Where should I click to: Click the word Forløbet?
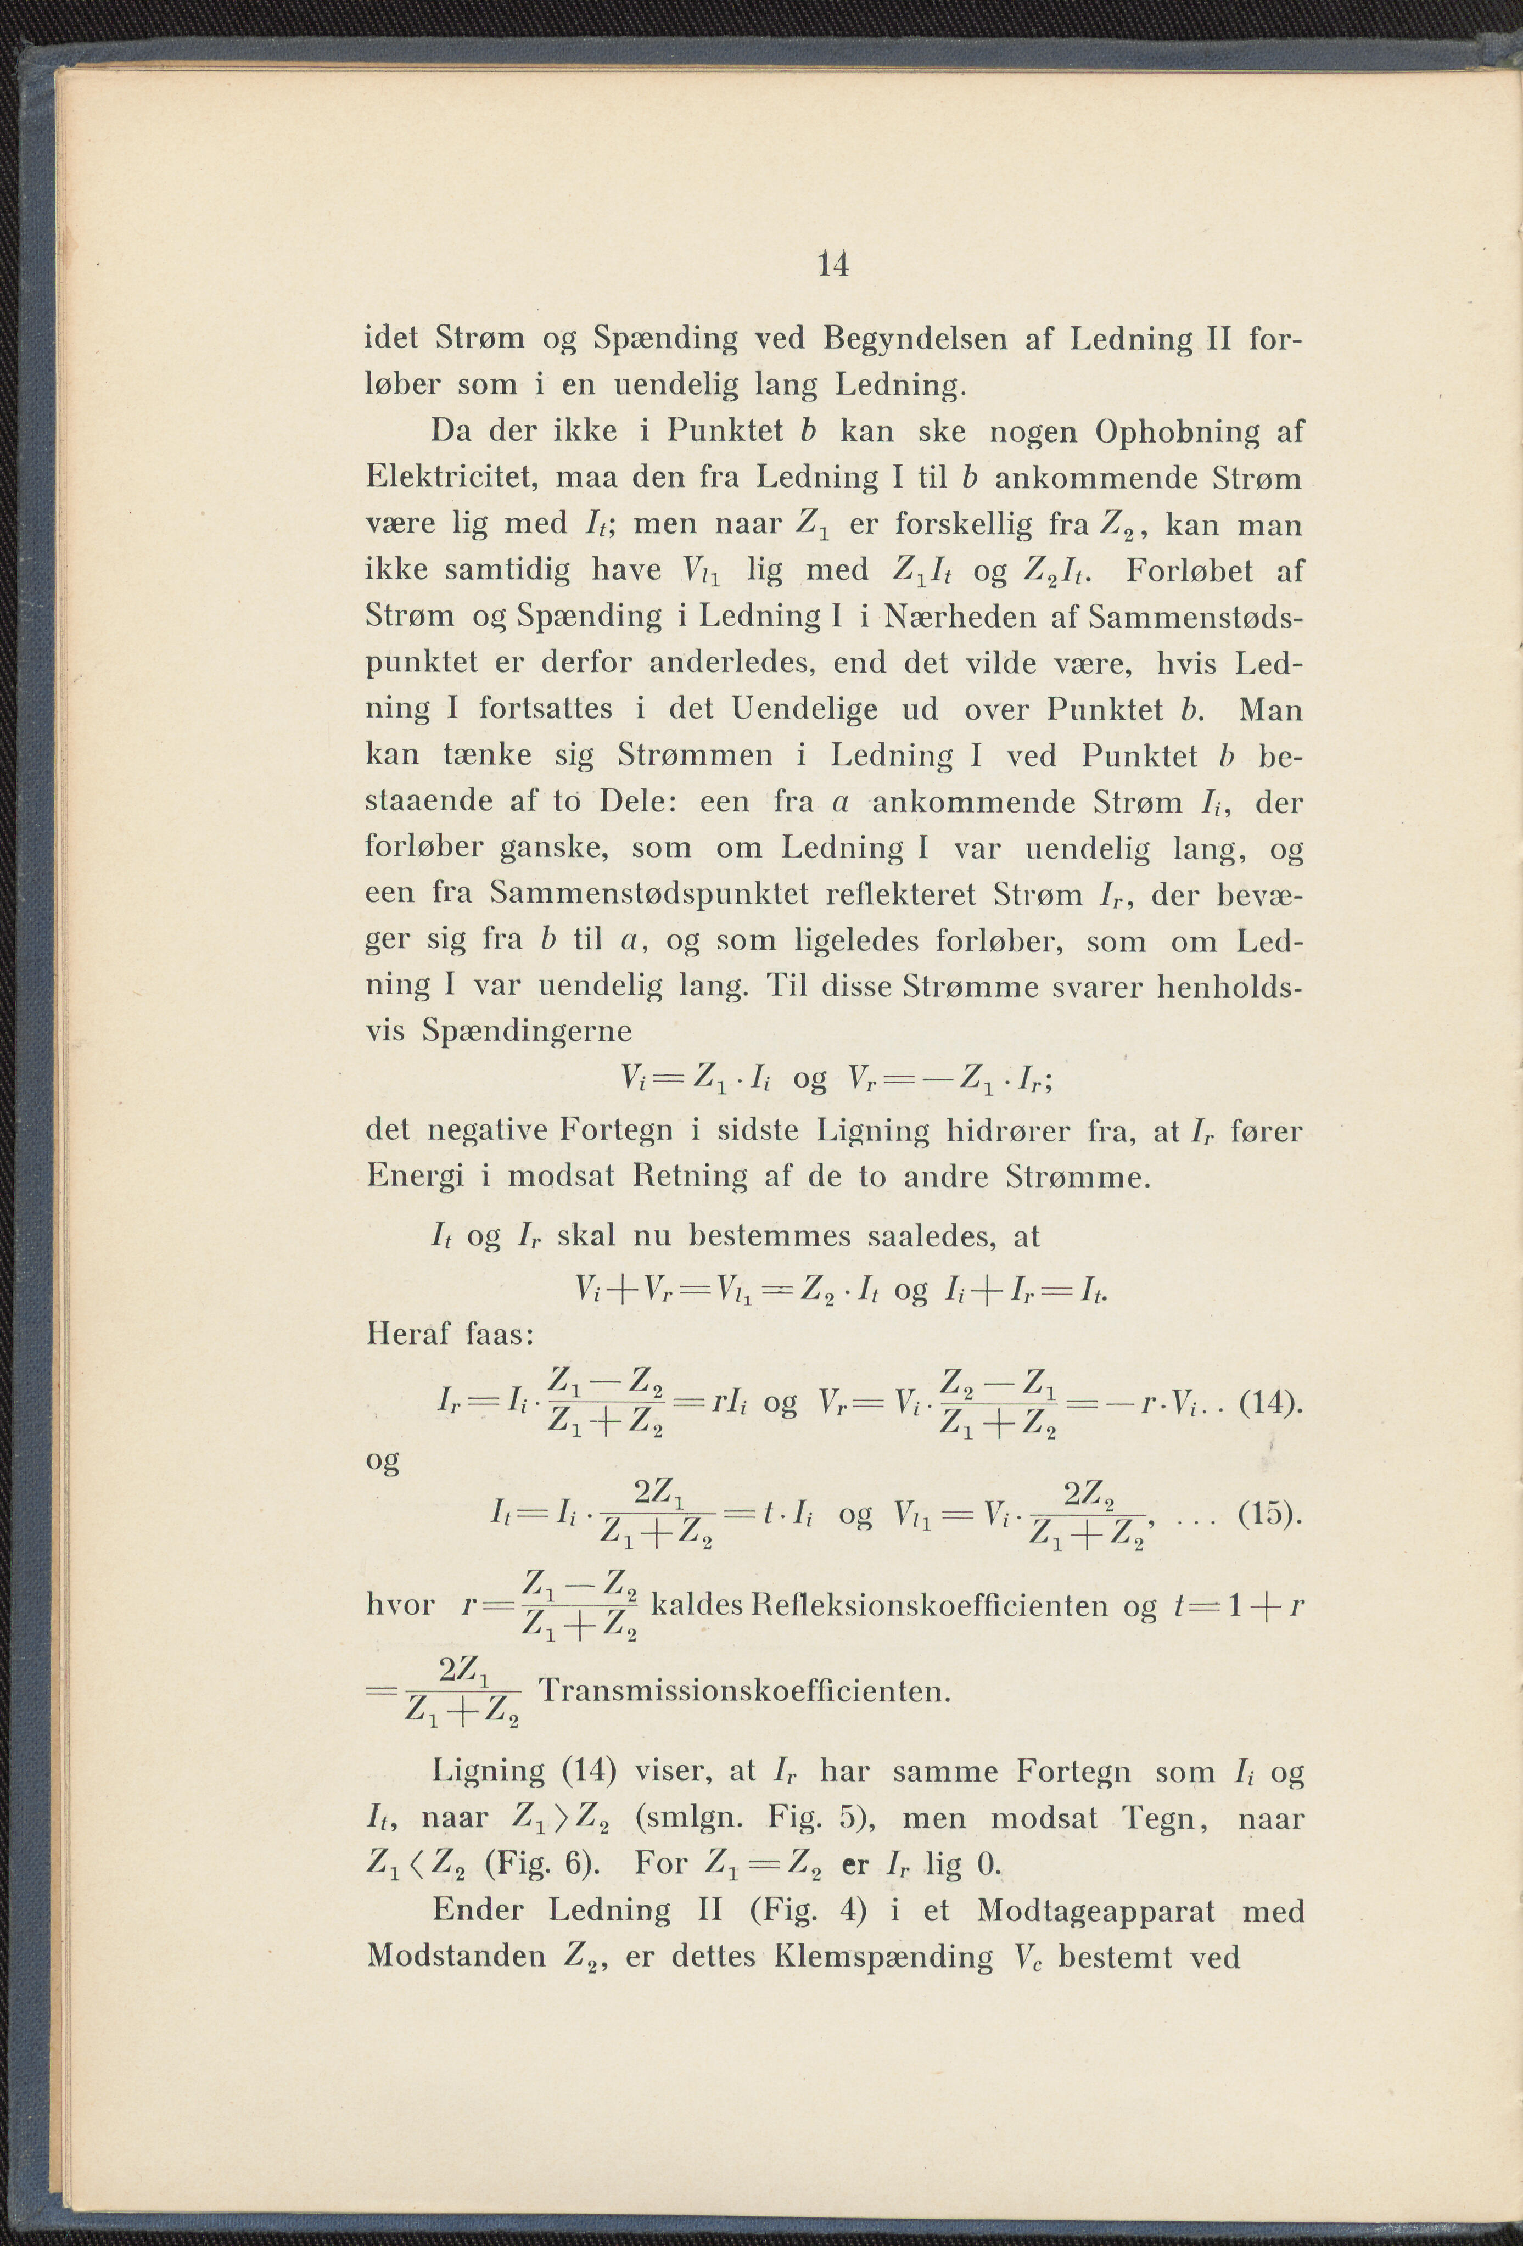(1191, 571)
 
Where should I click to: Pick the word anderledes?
(719, 663)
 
